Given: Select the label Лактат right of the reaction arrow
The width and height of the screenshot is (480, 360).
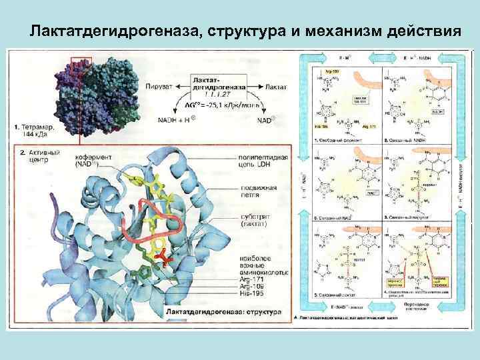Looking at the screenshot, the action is (x=276, y=87).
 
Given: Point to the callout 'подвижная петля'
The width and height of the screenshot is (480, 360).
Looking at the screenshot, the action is (x=257, y=191).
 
